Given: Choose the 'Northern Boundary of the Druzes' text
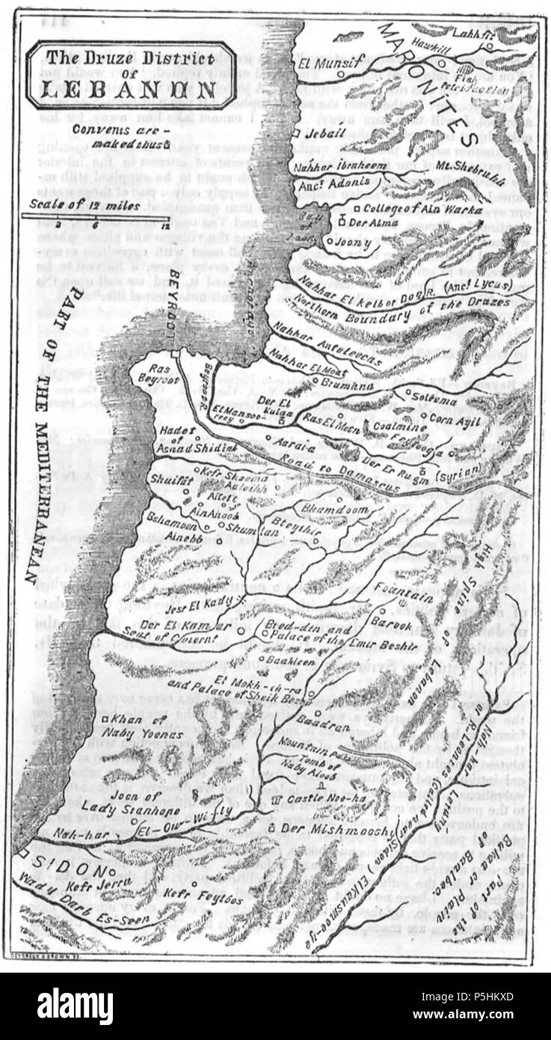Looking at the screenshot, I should [402, 311].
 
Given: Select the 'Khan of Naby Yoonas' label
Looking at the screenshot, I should [145, 727].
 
